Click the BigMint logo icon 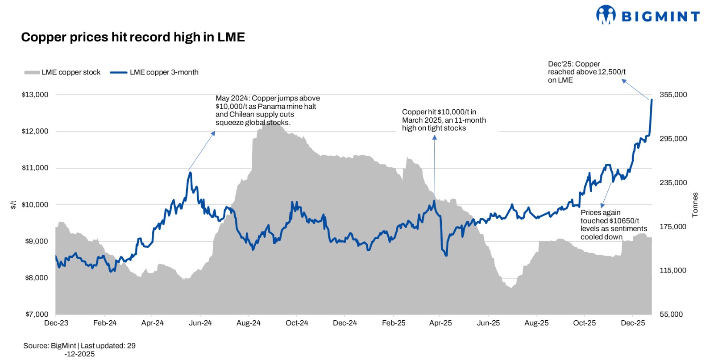tap(606, 15)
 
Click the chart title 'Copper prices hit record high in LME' tap(133, 37)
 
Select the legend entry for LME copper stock tap(62, 72)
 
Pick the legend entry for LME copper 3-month tap(154, 72)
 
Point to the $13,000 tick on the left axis tap(35, 95)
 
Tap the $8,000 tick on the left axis tap(36, 278)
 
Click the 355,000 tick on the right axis tap(673, 95)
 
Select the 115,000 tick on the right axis tap(673, 270)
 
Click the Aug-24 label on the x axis tap(249, 323)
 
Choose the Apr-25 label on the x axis tap(440, 323)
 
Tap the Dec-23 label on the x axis tap(56, 323)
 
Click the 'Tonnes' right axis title tap(695, 205)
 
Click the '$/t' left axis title tap(13, 204)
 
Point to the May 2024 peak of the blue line tap(190, 173)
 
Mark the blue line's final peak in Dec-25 tap(652, 100)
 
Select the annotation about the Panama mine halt tap(267, 110)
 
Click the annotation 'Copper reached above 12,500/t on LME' tap(586, 72)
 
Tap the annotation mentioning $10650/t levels tap(613, 225)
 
